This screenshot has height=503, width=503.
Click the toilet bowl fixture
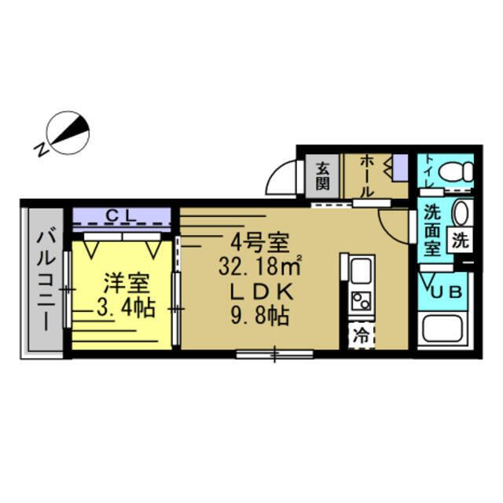pyautogui.click(x=455, y=171)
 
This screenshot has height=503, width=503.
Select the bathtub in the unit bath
pyautogui.click(x=444, y=329)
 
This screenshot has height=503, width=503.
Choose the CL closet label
pyautogui.click(x=123, y=213)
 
